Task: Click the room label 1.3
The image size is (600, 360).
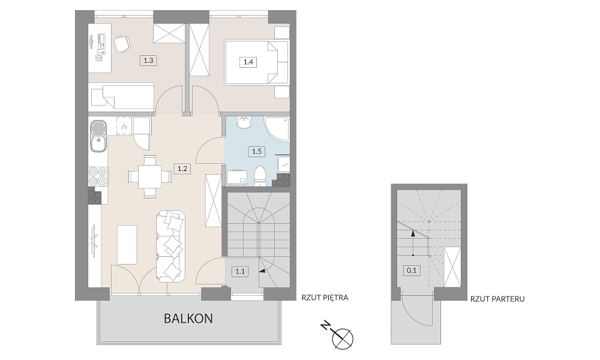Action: pos(148,60)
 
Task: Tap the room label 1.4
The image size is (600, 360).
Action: pos(248,62)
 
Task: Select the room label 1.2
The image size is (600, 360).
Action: pos(182,169)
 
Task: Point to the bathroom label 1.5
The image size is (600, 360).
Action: pos(257,151)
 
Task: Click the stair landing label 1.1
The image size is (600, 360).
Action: pos(240,272)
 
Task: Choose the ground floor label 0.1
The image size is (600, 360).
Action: pos(412,271)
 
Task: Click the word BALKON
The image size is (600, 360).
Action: pos(188,318)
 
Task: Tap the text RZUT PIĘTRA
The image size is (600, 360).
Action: pos(325,298)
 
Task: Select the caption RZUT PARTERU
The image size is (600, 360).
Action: pos(497,299)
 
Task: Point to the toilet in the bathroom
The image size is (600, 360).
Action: pos(260,176)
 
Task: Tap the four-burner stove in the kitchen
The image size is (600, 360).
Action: pos(98,177)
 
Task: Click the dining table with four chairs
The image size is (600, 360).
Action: pos(149,176)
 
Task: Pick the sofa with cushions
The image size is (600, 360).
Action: pos(170,247)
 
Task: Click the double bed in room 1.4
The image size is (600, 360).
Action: pos(257,62)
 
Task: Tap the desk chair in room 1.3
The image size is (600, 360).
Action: pos(122,44)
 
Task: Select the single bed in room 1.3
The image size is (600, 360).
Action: pos(122,97)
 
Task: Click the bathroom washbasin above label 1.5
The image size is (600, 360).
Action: pos(244,122)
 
